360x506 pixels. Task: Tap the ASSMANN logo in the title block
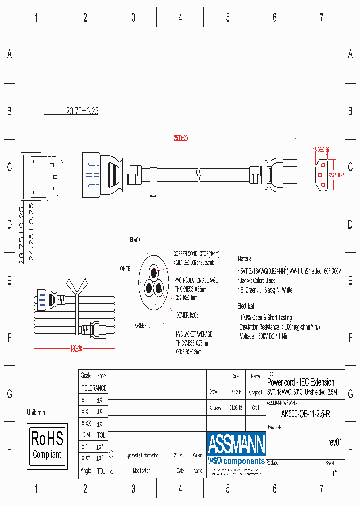pos(236,443)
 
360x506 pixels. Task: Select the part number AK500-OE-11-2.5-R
pos(305,414)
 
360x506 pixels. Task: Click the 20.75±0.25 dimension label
pos(82,111)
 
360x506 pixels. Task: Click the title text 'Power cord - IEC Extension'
pos(301,382)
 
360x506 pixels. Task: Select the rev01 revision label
pos(335,442)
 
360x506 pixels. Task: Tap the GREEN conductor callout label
pos(141,326)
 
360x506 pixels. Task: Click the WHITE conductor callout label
pos(125,269)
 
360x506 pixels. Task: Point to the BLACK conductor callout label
pos(135,240)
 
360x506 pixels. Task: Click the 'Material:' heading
pos(246,259)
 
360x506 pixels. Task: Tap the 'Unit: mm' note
pos(36,412)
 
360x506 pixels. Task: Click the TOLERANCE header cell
pos(94,388)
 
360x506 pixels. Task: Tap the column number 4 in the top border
pos(180,18)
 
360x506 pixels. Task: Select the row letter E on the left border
pos(9,281)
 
